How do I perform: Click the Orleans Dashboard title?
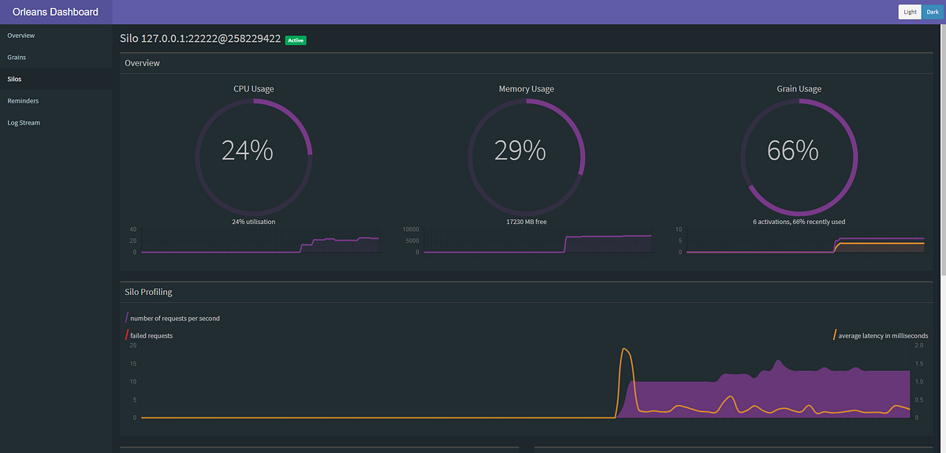pyautogui.click(x=55, y=12)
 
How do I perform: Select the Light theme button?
pyautogui.click(x=910, y=12)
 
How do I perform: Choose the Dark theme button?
pyautogui.click(x=933, y=12)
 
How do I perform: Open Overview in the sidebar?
pyautogui.click(x=21, y=36)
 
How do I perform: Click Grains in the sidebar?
pyautogui.click(x=17, y=58)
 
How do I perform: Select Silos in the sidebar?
pyautogui.click(x=15, y=79)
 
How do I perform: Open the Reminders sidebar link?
pyautogui.click(x=23, y=101)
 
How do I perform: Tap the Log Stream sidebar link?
pyautogui.click(x=24, y=123)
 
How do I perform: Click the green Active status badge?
pyautogui.click(x=296, y=39)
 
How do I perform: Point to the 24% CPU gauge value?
pyautogui.click(x=247, y=150)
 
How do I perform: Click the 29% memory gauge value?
pyautogui.click(x=520, y=150)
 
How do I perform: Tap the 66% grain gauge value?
pyautogui.click(x=793, y=150)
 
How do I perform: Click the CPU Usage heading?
pyautogui.click(x=254, y=89)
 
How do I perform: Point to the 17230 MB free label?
pyautogui.click(x=527, y=222)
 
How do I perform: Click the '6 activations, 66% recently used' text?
pyautogui.click(x=799, y=222)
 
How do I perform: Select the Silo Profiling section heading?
pyautogui.click(x=148, y=292)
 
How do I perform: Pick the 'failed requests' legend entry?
pyautogui.click(x=151, y=335)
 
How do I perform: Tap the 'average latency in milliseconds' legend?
pyautogui.click(x=883, y=335)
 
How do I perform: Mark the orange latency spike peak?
pyautogui.click(x=625, y=349)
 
